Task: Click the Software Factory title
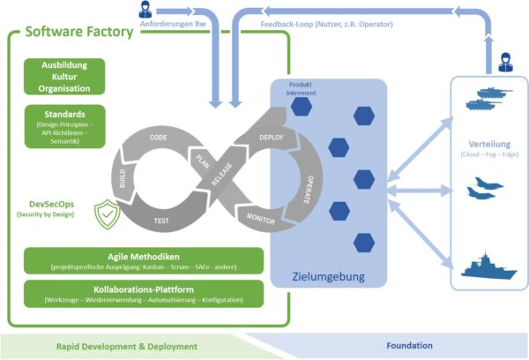tap(78, 33)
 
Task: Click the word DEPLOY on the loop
tap(272, 139)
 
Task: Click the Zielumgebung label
tap(328, 277)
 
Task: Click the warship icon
tap(488, 267)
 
